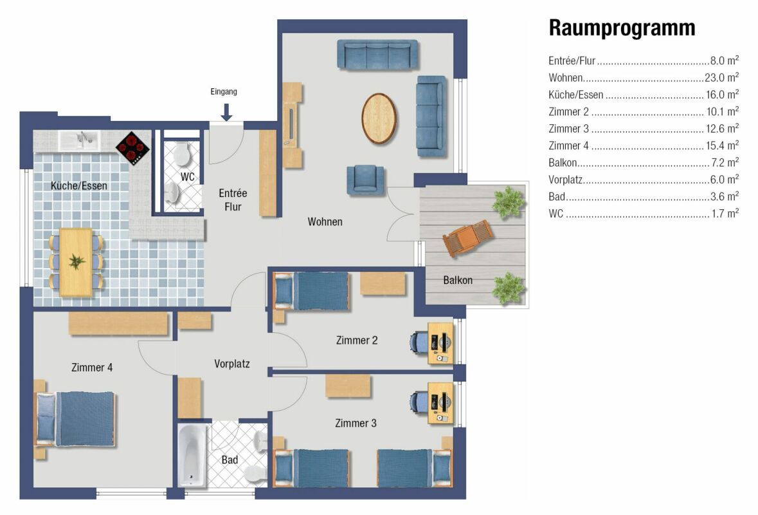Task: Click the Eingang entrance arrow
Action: (226, 112)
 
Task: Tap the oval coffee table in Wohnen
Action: (379, 118)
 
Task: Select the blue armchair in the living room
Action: (366, 180)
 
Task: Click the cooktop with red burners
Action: (132, 147)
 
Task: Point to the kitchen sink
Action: (80, 141)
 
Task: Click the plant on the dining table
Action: (77, 261)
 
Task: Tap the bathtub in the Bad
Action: (192, 456)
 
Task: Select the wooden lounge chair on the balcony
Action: (468, 237)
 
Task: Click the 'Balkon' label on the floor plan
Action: (458, 280)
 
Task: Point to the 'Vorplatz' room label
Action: (232, 364)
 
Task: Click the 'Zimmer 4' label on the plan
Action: (92, 368)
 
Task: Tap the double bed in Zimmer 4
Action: (76, 419)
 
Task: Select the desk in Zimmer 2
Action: (440, 343)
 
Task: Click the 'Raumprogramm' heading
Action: (622, 28)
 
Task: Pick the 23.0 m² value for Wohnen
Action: (721, 77)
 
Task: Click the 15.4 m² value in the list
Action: (722, 145)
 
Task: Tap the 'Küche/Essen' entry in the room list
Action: (576, 95)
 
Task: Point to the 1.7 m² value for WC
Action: (725, 213)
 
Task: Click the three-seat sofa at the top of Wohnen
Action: (377, 55)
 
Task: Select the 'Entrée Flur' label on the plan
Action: (233, 200)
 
